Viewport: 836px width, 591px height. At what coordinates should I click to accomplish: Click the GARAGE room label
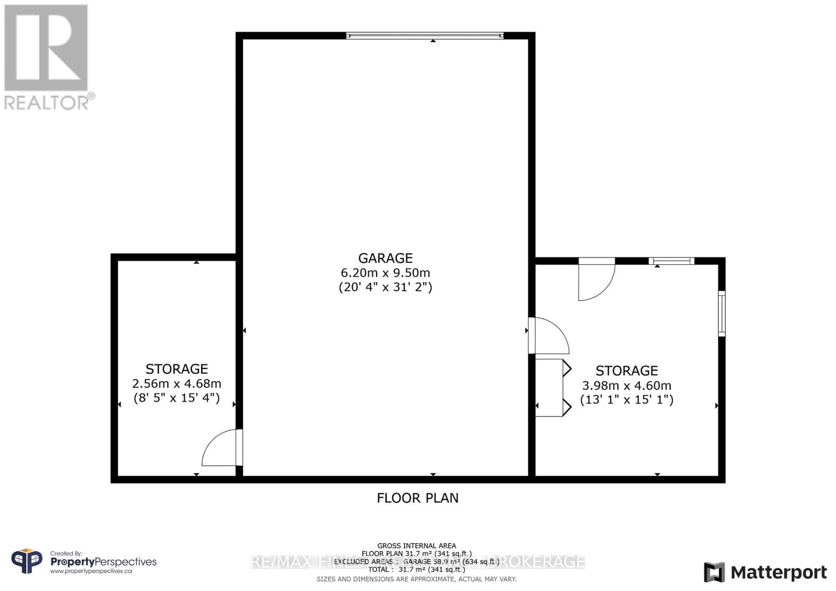coord(385,258)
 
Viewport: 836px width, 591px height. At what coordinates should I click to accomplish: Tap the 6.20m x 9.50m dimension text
coord(385,273)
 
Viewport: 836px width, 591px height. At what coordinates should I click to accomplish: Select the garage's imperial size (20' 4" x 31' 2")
coord(385,287)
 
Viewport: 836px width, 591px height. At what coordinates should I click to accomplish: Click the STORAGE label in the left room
coord(177,369)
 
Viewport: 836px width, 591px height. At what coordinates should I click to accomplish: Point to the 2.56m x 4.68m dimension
coord(177,384)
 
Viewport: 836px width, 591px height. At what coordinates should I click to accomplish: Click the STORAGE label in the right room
coord(626,371)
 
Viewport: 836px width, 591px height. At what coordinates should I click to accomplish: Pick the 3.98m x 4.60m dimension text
coord(626,386)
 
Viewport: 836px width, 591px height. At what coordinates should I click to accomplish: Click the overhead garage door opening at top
coord(424,36)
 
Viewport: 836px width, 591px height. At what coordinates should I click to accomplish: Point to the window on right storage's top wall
coord(671,261)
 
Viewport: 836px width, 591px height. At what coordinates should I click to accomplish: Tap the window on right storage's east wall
coord(722,313)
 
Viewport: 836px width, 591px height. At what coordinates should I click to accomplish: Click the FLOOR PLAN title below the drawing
coord(417,498)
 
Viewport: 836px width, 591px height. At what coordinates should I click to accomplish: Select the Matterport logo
coord(765,572)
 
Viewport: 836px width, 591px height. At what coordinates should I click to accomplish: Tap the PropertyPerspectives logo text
coord(103,562)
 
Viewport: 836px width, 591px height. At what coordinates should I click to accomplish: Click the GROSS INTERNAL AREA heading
coord(416,546)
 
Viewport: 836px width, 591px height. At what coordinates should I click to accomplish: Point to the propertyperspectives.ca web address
coord(91,571)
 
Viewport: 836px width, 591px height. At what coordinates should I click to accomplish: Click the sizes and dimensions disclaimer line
coord(416,579)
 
